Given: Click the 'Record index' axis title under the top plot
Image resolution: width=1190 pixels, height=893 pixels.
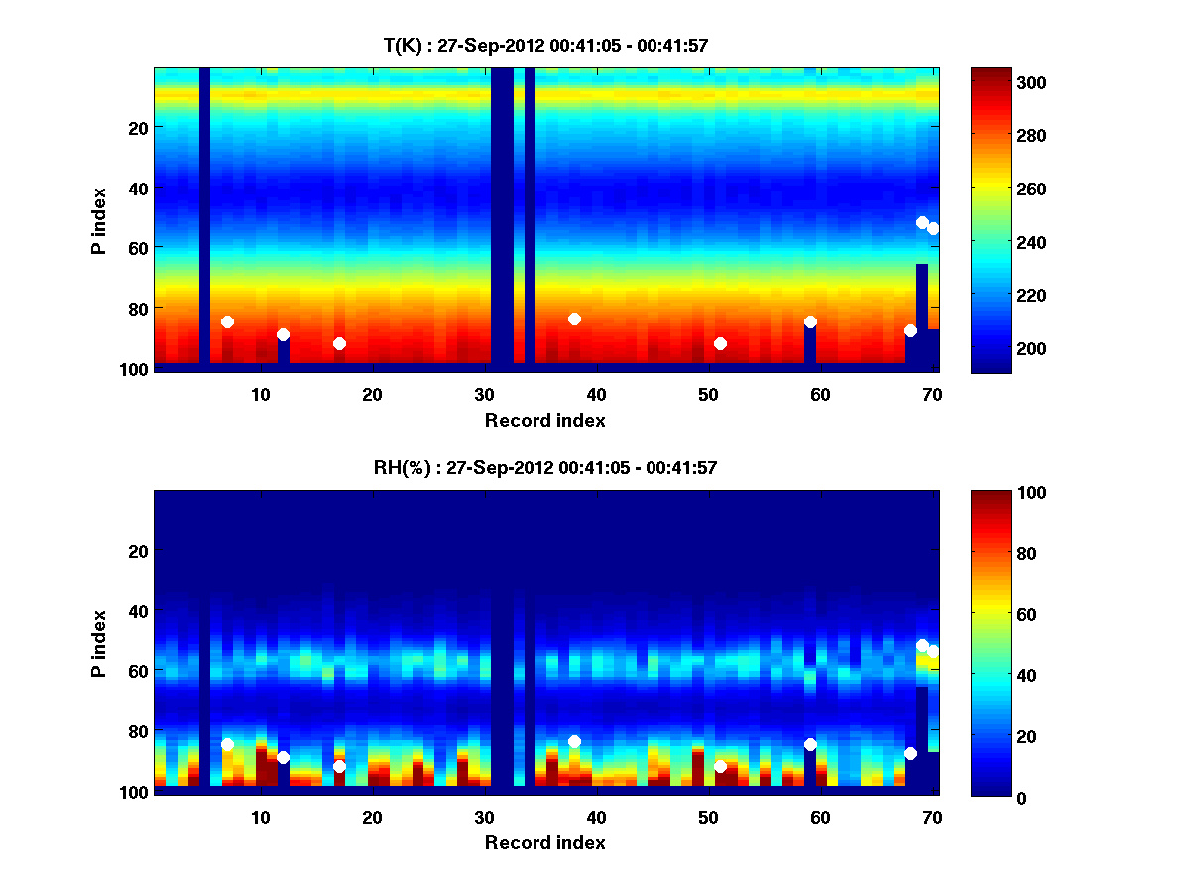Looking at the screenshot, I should pos(544,420).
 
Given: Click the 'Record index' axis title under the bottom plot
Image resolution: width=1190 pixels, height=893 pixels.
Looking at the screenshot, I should pos(544,842).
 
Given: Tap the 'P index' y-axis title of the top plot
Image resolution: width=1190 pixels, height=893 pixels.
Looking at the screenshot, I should pos(99,220).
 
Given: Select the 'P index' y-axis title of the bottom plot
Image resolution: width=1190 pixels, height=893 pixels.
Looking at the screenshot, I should pos(99,643).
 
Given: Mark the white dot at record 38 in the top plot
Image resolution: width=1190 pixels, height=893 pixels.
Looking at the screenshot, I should pos(574,319).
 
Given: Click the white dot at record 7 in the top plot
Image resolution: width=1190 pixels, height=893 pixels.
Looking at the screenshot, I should pos(227,321).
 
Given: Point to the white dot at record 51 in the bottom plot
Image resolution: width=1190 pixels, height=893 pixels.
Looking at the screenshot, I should pos(720,766).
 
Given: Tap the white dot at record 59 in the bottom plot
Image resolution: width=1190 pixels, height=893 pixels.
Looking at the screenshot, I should pos(810,744).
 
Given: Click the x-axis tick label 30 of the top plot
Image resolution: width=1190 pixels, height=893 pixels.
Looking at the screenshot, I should pos(484,394).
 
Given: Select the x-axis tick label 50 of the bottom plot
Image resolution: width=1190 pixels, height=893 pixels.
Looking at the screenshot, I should pos(708,817).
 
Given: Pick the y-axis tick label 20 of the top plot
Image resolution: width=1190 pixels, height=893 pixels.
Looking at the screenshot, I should pos(137,128).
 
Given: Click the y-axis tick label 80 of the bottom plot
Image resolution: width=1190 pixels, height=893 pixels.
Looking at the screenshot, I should pos(137,731).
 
